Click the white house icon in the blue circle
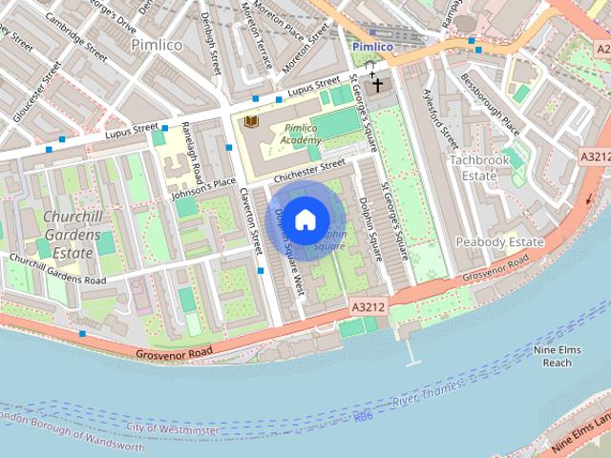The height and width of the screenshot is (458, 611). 305,220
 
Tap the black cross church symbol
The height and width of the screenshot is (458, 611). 377,86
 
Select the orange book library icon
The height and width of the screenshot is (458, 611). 251,123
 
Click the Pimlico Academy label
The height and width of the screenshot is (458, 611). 300,134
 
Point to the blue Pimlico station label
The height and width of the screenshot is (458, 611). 372,46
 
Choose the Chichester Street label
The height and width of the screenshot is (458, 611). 308,172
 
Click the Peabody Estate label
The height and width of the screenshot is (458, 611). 499,242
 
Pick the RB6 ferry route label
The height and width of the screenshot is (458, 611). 363,416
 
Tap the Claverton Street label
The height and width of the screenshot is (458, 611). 251,220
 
